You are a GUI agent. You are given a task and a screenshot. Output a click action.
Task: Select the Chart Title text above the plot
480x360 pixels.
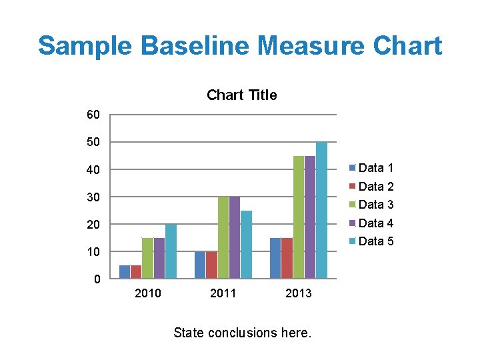(241, 95)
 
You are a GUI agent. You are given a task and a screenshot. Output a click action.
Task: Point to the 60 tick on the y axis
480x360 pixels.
(93, 115)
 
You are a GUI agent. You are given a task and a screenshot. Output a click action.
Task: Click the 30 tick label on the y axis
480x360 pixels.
(93, 197)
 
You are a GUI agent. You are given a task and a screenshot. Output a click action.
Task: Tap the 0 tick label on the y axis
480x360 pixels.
(97, 279)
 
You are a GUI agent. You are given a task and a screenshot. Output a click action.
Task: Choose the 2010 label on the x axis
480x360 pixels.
(147, 293)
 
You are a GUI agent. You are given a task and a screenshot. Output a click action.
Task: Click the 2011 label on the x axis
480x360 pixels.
(223, 293)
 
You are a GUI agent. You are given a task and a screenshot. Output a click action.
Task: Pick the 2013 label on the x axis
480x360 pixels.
(298, 293)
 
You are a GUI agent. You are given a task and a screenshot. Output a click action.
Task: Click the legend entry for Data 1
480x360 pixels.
(375, 168)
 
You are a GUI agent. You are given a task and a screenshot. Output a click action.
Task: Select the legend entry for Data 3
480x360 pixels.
(375, 205)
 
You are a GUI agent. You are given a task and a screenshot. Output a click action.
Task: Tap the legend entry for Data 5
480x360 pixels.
(375, 241)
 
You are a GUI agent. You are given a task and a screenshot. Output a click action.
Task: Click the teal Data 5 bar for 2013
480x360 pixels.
(321, 210)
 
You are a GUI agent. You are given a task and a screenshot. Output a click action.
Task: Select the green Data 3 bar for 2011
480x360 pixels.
(223, 237)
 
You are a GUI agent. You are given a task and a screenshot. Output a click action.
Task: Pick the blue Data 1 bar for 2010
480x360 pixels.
(125, 271)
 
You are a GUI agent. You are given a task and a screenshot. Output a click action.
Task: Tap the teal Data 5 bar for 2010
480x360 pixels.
(171, 251)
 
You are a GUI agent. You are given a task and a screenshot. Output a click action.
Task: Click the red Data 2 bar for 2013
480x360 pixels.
(287, 258)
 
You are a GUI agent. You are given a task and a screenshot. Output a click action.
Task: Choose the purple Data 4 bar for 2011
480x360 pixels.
(235, 237)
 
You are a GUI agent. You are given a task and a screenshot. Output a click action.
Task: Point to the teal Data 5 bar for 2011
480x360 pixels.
(246, 244)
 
